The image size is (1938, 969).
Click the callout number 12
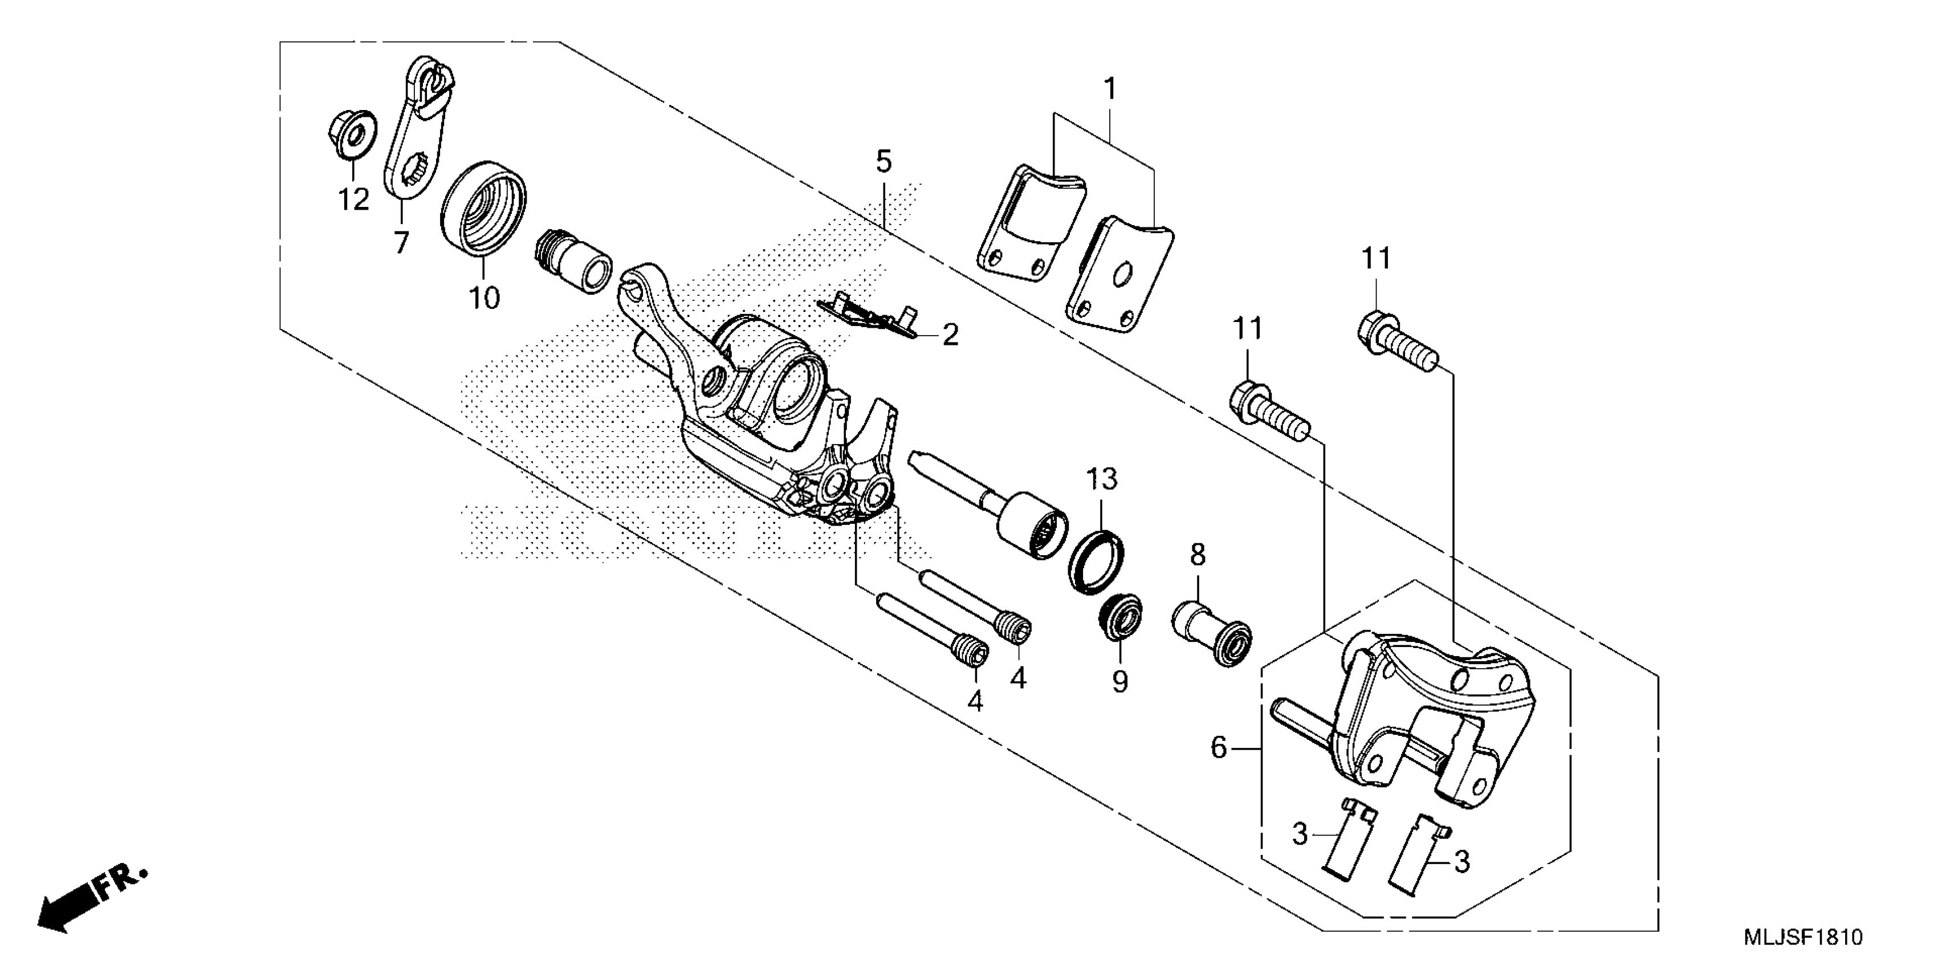click(x=353, y=199)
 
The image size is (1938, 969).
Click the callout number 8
click(x=1198, y=555)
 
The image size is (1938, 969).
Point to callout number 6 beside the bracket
click(x=1219, y=748)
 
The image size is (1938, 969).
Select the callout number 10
click(x=484, y=299)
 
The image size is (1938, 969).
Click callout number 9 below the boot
click(x=1119, y=682)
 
